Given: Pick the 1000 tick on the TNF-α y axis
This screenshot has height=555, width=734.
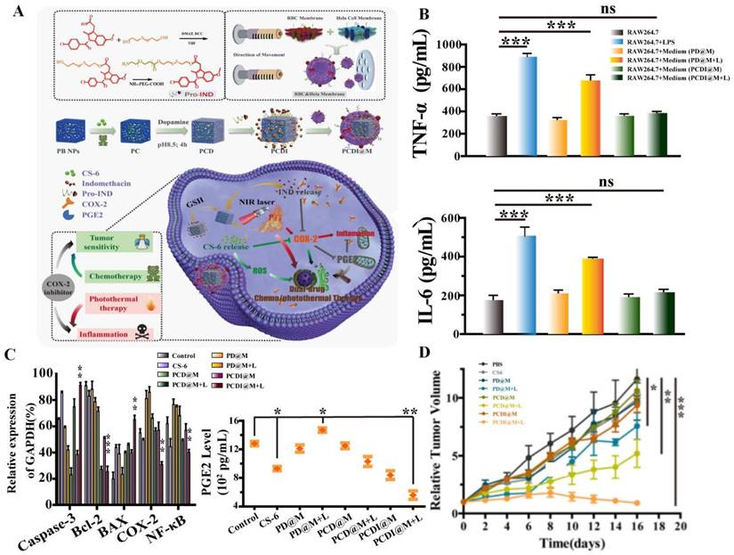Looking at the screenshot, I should pyautogui.click(x=466, y=45).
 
